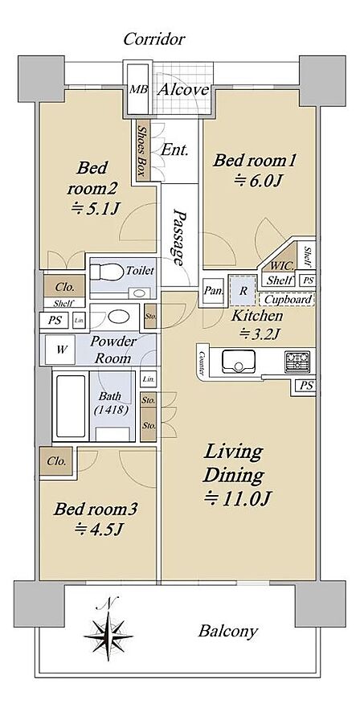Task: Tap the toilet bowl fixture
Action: click(107, 272)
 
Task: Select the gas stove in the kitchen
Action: click(297, 361)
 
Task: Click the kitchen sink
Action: click(239, 361)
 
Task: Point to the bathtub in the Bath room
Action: click(71, 406)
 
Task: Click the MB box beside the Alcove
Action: click(139, 89)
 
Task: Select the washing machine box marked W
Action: click(59, 349)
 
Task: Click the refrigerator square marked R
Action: click(243, 291)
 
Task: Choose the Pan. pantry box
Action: click(213, 291)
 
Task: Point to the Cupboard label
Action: click(288, 299)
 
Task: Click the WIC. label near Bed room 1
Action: click(282, 265)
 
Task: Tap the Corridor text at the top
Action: click(154, 39)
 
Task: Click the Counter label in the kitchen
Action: click(202, 363)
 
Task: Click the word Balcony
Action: click(228, 631)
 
